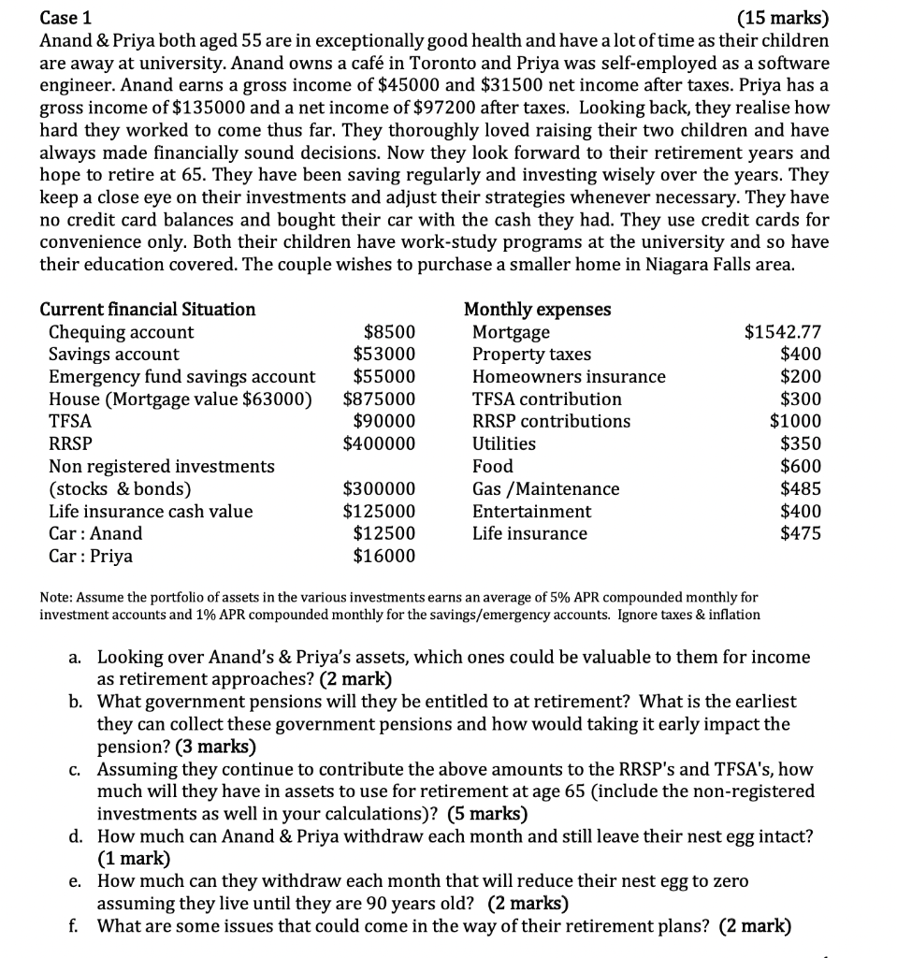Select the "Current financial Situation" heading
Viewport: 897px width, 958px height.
click(148, 309)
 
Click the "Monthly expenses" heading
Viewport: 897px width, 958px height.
click(538, 309)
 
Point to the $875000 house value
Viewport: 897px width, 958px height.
click(380, 399)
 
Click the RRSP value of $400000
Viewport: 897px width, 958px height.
click(380, 444)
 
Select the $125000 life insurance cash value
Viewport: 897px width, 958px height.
click(380, 512)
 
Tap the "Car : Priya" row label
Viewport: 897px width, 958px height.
click(91, 557)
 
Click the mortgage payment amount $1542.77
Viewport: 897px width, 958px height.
click(783, 332)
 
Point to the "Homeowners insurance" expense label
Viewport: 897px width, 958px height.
click(569, 377)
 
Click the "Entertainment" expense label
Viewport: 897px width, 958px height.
click(531, 512)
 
